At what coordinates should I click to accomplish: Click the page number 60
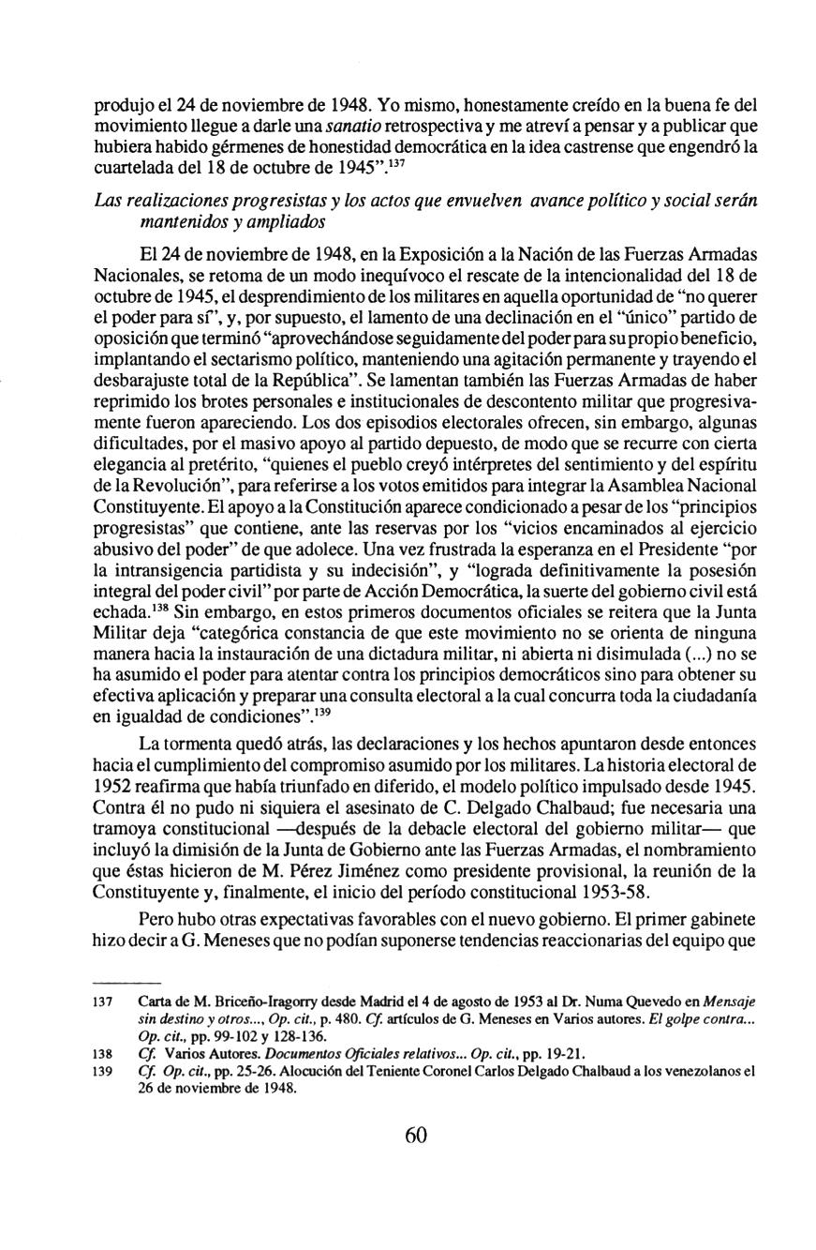pyautogui.click(x=416, y=1135)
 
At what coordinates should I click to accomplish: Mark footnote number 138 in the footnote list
pyautogui.click(x=103, y=1053)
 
